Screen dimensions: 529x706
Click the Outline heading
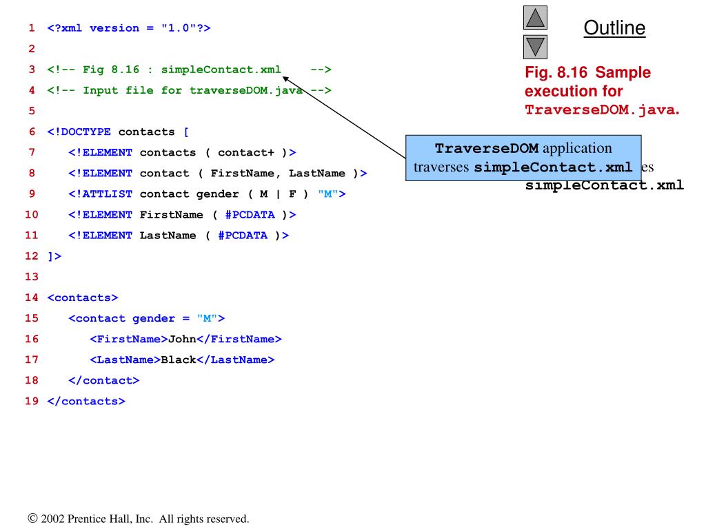(x=614, y=28)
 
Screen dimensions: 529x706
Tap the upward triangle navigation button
(x=536, y=18)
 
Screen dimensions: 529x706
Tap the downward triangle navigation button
(x=536, y=47)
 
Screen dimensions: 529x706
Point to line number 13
(x=32, y=277)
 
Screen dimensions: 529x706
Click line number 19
(x=32, y=401)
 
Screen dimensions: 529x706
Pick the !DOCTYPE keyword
(x=82, y=132)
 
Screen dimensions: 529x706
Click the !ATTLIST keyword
(x=100, y=194)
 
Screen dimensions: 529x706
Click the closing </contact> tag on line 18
(x=103, y=380)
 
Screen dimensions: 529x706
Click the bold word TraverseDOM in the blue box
(x=487, y=149)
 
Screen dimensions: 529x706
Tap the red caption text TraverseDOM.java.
(x=602, y=110)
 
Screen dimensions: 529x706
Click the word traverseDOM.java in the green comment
(x=246, y=90)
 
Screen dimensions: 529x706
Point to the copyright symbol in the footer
(x=32, y=519)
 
